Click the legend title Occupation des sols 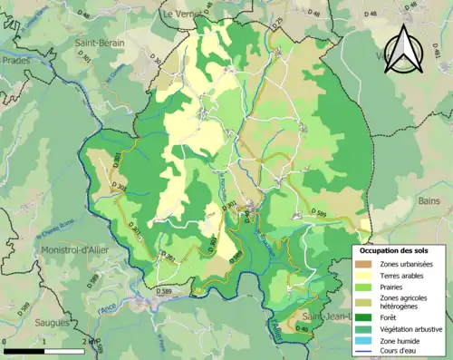[399, 250]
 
